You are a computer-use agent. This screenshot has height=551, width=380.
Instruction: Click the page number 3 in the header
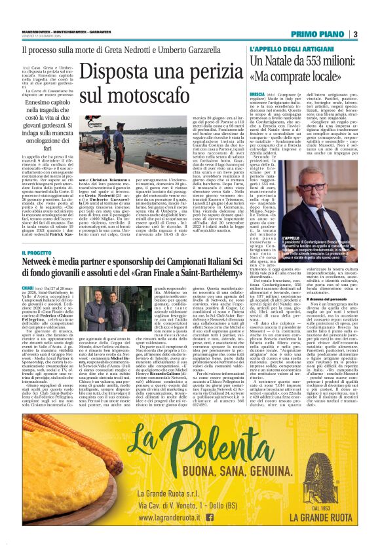[354, 34]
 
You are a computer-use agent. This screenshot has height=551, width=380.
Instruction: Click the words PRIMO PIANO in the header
[316, 34]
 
